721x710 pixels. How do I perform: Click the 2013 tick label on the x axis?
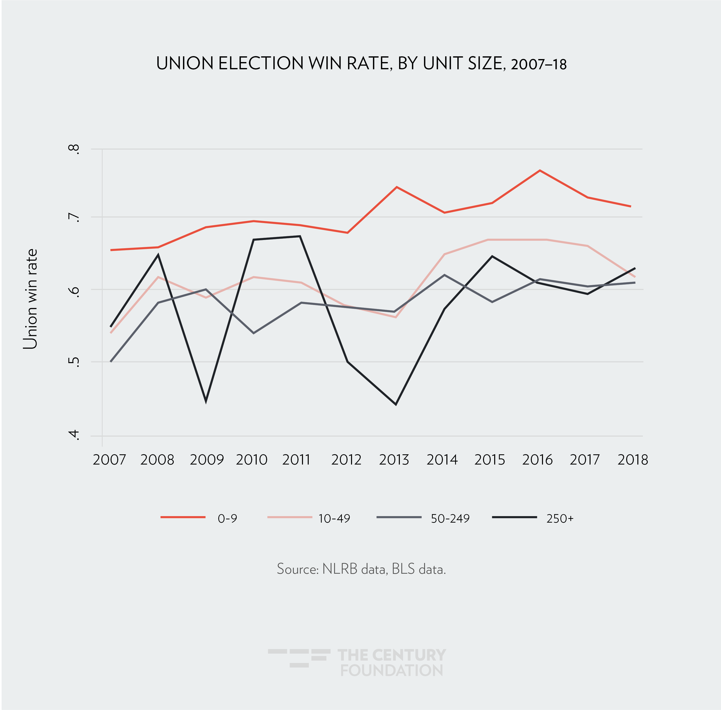(394, 460)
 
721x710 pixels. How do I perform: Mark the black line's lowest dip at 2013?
(396, 404)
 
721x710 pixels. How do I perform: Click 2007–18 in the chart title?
(539, 65)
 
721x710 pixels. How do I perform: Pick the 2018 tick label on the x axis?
(633, 460)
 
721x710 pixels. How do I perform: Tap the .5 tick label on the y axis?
(74, 362)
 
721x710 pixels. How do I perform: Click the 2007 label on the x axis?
(109, 460)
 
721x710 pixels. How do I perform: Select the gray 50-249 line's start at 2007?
(111, 361)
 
